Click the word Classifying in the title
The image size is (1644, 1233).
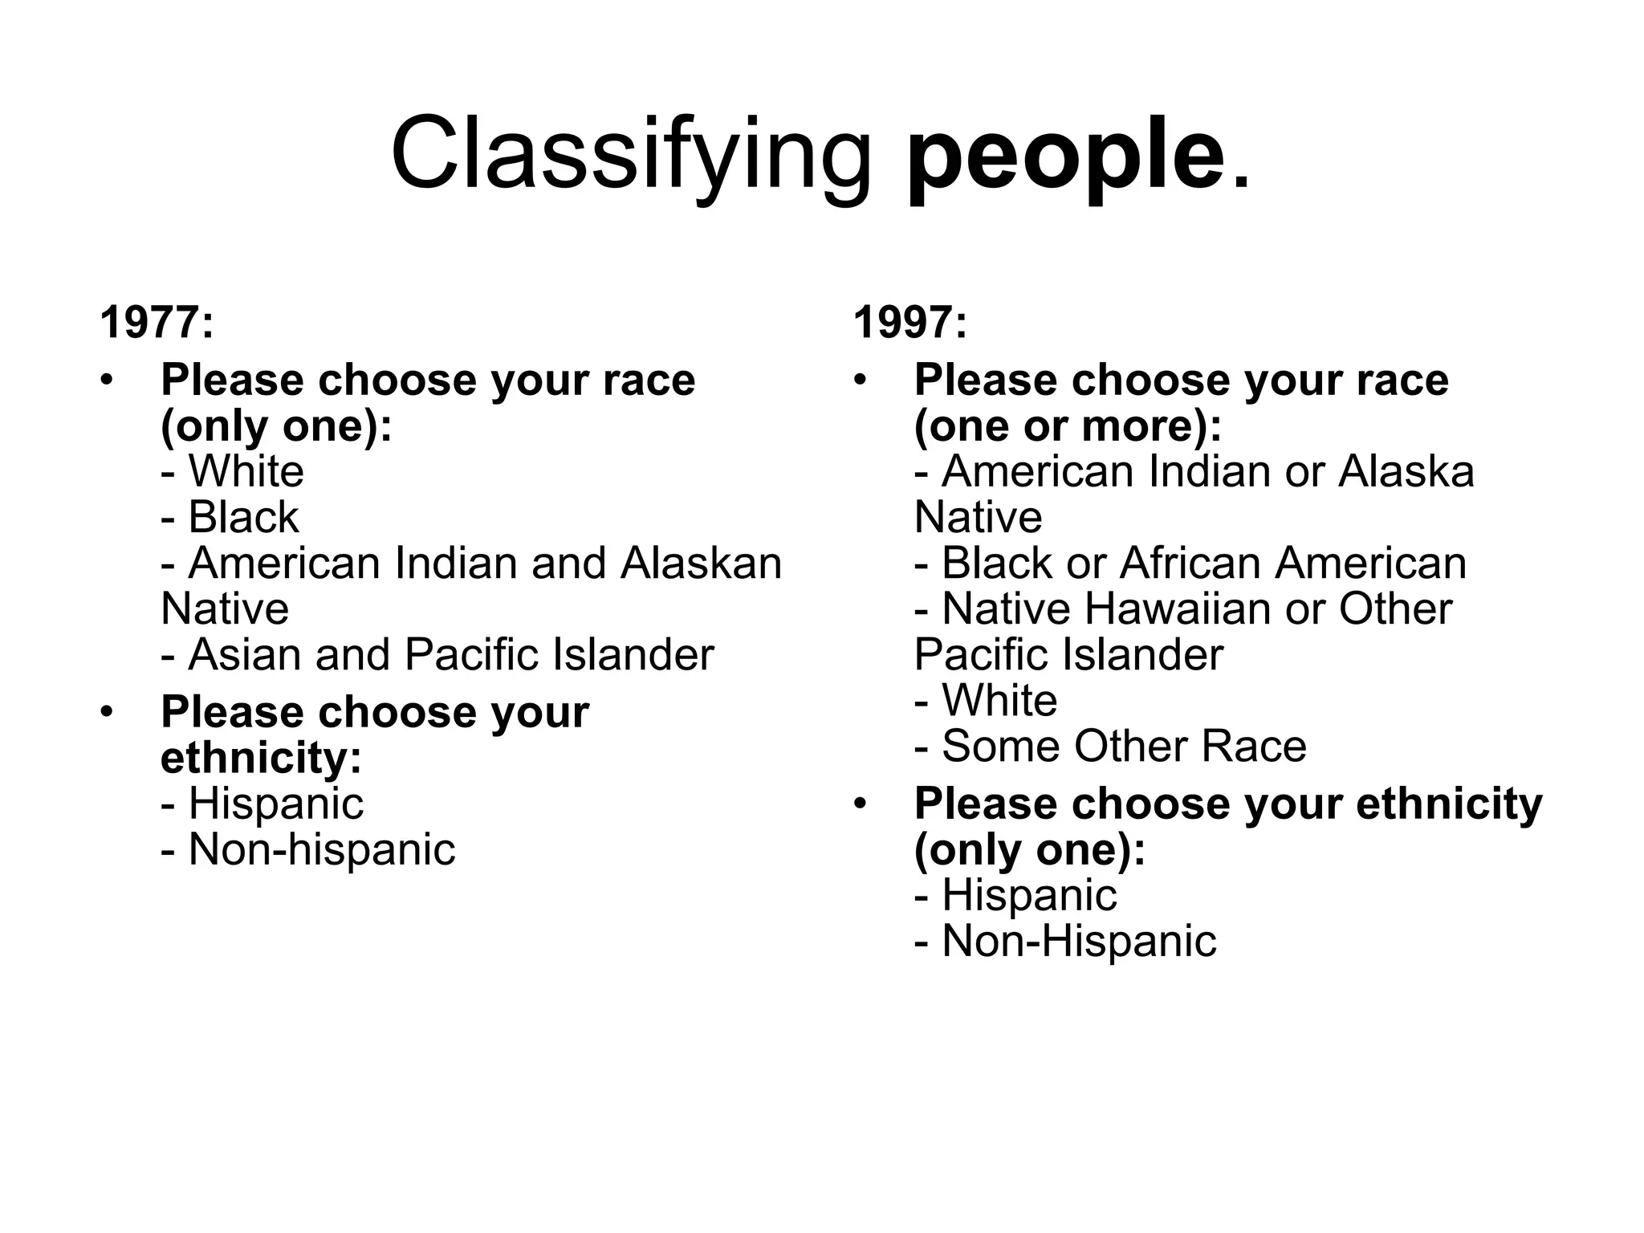(x=631, y=153)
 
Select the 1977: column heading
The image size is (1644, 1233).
(x=157, y=323)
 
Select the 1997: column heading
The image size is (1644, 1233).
(x=910, y=323)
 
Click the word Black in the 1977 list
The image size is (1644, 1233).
(x=243, y=517)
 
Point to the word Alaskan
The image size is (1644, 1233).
(x=701, y=563)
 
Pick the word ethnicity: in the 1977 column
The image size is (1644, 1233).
(x=261, y=757)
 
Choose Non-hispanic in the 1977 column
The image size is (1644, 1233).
(x=321, y=849)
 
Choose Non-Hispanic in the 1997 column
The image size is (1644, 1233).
(x=1079, y=941)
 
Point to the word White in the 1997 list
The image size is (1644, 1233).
(x=999, y=700)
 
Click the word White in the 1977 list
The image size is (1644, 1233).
(x=246, y=471)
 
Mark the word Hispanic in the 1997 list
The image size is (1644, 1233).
(x=1029, y=895)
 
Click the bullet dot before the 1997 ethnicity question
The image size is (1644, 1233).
(x=861, y=804)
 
